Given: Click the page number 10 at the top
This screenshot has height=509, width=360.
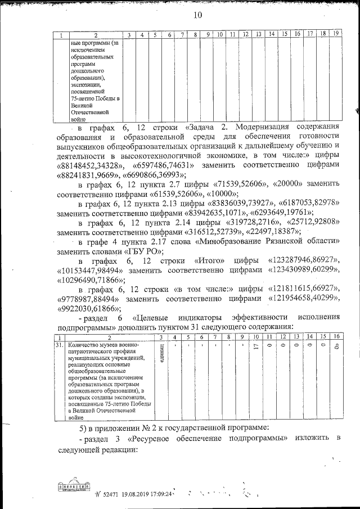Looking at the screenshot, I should click(x=197, y=15).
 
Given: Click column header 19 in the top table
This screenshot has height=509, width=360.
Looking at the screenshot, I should click(x=335, y=35).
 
